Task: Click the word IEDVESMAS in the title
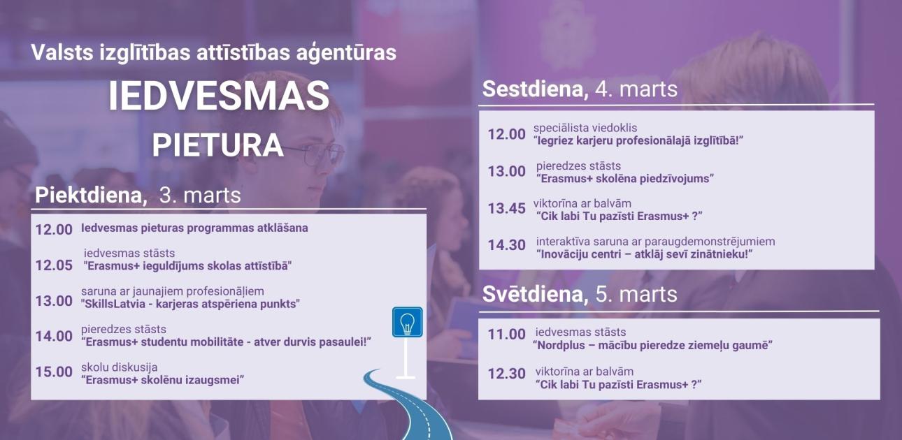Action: [218, 97]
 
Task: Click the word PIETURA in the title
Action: [217, 145]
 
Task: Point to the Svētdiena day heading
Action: [535, 294]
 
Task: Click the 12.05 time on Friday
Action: [54, 265]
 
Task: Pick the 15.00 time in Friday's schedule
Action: [54, 372]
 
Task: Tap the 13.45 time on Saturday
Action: [506, 208]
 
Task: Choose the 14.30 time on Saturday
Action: [506, 246]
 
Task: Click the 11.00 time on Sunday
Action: [506, 335]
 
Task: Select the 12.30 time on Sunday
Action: [506, 374]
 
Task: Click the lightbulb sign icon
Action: [407, 322]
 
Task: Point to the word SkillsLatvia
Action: [116, 304]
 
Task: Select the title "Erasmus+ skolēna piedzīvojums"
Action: [624, 178]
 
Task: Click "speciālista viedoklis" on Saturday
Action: [585, 128]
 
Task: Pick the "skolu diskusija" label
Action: [119, 367]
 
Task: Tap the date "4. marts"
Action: [636, 89]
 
